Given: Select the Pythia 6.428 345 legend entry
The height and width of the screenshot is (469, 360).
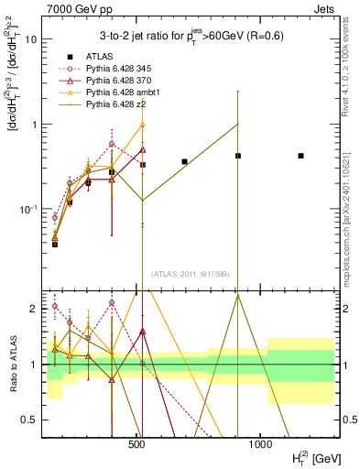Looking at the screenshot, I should (x=109, y=69).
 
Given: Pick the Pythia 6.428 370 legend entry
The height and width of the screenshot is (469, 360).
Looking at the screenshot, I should (x=109, y=82).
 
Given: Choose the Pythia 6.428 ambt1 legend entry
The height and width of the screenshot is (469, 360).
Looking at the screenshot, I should (x=113, y=94).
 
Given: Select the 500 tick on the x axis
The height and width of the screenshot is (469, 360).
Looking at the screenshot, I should (x=136, y=443).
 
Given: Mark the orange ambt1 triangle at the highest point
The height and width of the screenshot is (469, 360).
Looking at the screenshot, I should (x=142, y=125).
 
